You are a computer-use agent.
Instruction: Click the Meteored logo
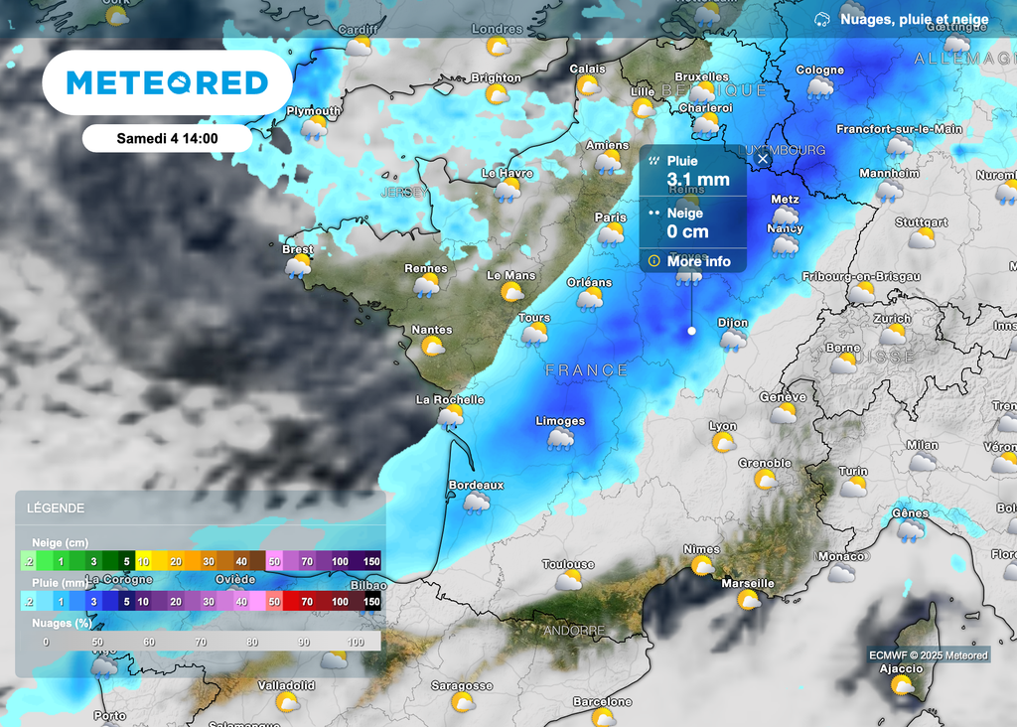click(167, 82)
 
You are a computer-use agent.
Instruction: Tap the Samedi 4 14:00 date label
click(167, 138)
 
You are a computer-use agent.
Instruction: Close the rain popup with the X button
click(763, 158)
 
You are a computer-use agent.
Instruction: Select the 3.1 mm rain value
click(698, 180)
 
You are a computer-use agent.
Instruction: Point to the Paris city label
click(611, 218)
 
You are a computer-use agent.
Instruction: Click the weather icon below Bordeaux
click(477, 503)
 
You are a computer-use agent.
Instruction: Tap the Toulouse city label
click(568, 564)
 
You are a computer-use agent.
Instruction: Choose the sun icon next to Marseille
click(748, 600)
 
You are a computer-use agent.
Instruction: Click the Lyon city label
click(723, 425)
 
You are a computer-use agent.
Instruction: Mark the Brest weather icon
click(297, 266)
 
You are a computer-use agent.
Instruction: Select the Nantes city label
click(432, 330)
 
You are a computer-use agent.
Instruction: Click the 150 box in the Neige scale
click(370, 561)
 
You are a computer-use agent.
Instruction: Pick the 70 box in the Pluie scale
click(307, 602)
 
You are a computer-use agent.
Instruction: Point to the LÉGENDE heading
click(56, 509)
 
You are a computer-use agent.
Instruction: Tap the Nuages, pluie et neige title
click(914, 19)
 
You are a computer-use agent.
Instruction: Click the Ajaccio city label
click(901, 668)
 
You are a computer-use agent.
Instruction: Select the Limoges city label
click(560, 421)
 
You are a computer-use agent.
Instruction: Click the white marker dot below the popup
click(692, 331)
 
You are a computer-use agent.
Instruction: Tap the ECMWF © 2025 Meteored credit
click(929, 654)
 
